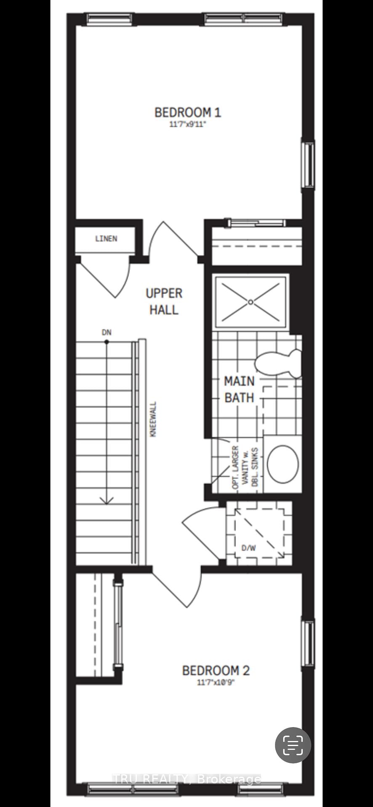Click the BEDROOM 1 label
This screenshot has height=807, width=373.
[x=188, y=112]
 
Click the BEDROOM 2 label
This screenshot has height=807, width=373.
[x=216, y=670]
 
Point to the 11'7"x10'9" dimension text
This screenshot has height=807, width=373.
[x=216, y=683]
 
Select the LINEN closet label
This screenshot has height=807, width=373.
[x=106, y=239]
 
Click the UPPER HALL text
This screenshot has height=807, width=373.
[x=164, y=301]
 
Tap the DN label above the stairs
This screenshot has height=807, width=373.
[x=107, y=332]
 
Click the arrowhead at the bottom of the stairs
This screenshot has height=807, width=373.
[x=107, y=500]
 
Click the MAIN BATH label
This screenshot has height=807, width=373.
[x=239, y=389]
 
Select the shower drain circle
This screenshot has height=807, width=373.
[x=251, y=302]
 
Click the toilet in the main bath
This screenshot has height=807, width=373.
[x=278, y=363]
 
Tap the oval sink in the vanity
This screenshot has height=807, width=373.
[x=283, y=464]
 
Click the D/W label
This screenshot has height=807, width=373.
[x=248, y=548]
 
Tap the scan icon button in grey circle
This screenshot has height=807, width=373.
[x=293, y=745]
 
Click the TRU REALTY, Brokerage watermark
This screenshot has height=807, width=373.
[x=187, y=779]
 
